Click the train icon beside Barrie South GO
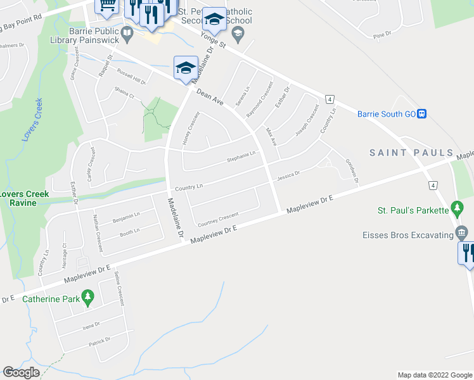[x=421, y=114]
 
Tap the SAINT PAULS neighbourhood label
[x=412, y=153]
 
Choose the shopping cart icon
[x=106, y=5]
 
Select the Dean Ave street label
[x=210, y=97]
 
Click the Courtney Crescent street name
[x=218, y=219]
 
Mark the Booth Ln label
[x=130, y=232]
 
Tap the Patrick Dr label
[x=100, y=341]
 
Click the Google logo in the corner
[x=21, y=372]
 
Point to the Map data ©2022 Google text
[x=434, y=375]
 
